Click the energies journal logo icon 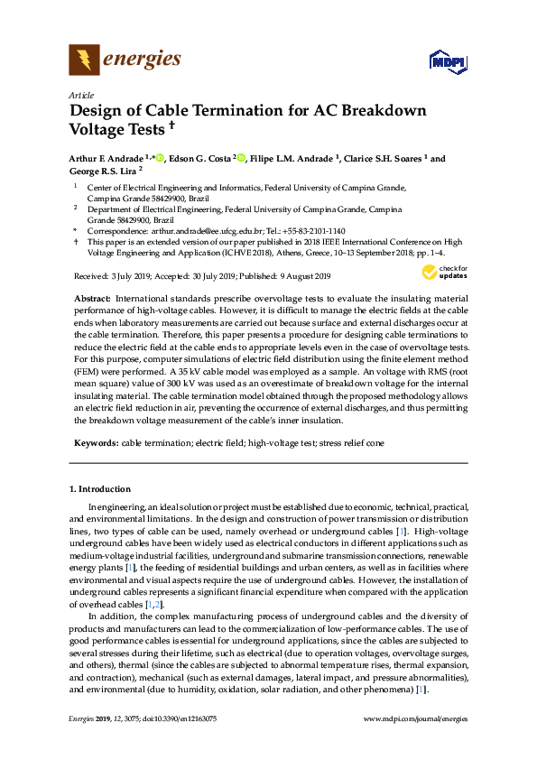[85, 60]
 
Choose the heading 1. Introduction [99, 488]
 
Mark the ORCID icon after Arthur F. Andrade [160, 158]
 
